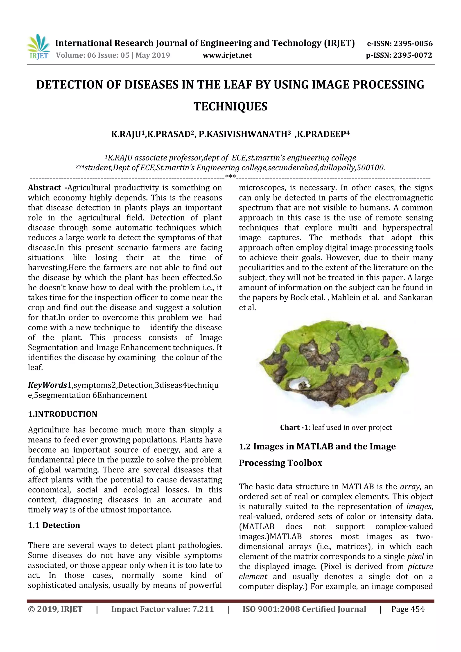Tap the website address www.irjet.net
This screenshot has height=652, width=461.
pyautogui.click(x=227, y=55)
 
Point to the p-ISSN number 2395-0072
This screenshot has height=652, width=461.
pyautogui.click(x=412, y=55)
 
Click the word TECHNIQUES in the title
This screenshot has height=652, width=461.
pyautogui.click(x=230, y=106)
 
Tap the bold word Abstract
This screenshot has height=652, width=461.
pyautogui.click(x=44, y=188)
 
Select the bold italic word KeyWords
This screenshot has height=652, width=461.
pyautogui.click(x=47, y=385)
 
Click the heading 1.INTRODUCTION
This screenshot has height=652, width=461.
pyautogui.click(x=63, y=414)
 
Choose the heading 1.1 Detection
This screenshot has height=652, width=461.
pyautogui.click(x=54, y=525)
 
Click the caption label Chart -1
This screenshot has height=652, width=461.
pyautogui.click(x=294, y=427)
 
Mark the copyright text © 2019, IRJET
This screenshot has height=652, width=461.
pyautogui.click(x=55, y=609)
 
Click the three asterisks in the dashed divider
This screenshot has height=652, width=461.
pyautogui.click(x=230, y=176)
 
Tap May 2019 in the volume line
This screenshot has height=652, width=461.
pyautogui.click(x=153, y=55)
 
